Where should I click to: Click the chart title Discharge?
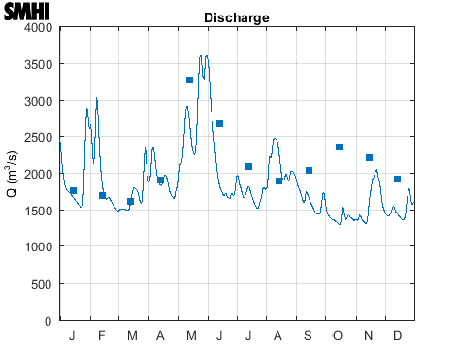(x=236, y=18)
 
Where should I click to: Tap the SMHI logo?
(x=26, y=13)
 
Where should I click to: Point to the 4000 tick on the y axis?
(x=38, y=27)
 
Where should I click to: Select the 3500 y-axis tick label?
(x=38, y=64)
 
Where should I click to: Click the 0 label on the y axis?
(x=49, y=320)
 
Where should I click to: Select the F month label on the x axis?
(x=102, y=336)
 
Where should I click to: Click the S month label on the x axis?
(x=308, y=336)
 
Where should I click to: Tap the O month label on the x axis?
(x=338, y=336)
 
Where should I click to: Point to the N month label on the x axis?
(x=368, y=336)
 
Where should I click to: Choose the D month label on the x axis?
(x=397, y=336)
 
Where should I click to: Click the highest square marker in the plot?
(x=190, y=80)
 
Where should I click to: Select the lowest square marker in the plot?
(x=131, y=202)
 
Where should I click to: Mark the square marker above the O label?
(x=339, y=147)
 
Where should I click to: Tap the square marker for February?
(x=102, y=195)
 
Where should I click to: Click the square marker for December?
(x=397, y=180)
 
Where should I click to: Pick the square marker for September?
(x=309, y=170)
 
